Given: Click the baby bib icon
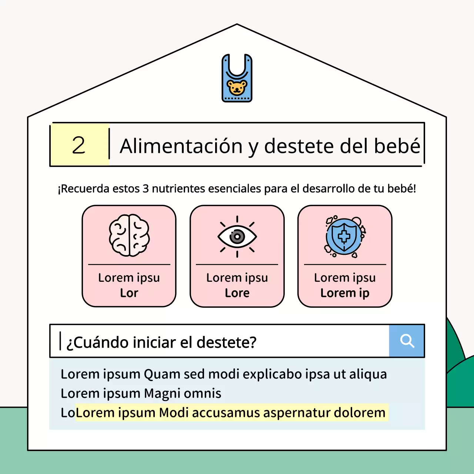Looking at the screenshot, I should click(237, 78).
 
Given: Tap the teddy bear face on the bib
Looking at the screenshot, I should click(237, 88).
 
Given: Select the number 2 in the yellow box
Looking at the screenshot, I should click(79, 145).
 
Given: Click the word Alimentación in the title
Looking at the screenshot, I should click(181, 146).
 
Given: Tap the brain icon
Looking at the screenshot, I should click(129, 236).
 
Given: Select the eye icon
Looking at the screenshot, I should click(237, 236).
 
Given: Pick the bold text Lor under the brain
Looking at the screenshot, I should click(129, 293).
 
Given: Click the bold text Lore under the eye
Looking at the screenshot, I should click(237, 293).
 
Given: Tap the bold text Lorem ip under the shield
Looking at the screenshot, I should click(345, 293).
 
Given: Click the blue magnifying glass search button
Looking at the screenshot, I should click(407, 341).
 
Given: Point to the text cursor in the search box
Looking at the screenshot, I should click(60, 341).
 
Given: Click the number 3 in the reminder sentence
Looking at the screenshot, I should click(146, 189).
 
